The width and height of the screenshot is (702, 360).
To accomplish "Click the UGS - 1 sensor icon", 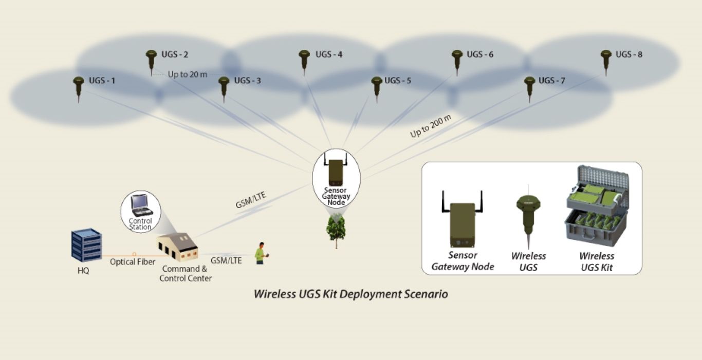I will point(78,87).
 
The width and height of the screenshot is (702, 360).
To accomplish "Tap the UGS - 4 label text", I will point(329,54).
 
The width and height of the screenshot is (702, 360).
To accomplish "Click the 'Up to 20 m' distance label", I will point(188,74).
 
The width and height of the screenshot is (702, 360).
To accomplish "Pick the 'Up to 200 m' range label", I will point(431,127).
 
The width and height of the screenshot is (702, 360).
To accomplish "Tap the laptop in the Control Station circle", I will point(140,205).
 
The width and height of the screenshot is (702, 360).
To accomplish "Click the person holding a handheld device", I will point(261,253).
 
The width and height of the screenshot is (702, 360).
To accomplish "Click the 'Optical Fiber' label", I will point(132,262).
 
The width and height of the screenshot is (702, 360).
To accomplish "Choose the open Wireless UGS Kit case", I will point(596,205).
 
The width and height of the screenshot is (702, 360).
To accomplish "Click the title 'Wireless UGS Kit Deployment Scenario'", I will point(351,294).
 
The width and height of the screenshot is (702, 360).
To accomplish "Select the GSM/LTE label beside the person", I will point(226,260).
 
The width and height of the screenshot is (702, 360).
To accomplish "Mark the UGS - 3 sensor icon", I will point(224,87).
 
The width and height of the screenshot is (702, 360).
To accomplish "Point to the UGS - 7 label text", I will point(552,81).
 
